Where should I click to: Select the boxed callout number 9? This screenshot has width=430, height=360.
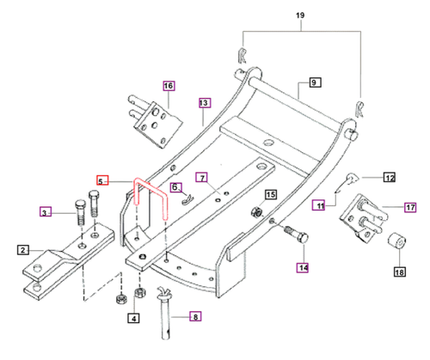point(313,82)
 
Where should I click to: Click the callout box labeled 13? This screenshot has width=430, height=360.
point(204,102)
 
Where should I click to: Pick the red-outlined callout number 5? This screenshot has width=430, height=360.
point(102,181)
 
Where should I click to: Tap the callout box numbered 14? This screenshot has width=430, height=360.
point(302,268)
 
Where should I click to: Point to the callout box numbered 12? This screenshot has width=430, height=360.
point(389,178)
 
